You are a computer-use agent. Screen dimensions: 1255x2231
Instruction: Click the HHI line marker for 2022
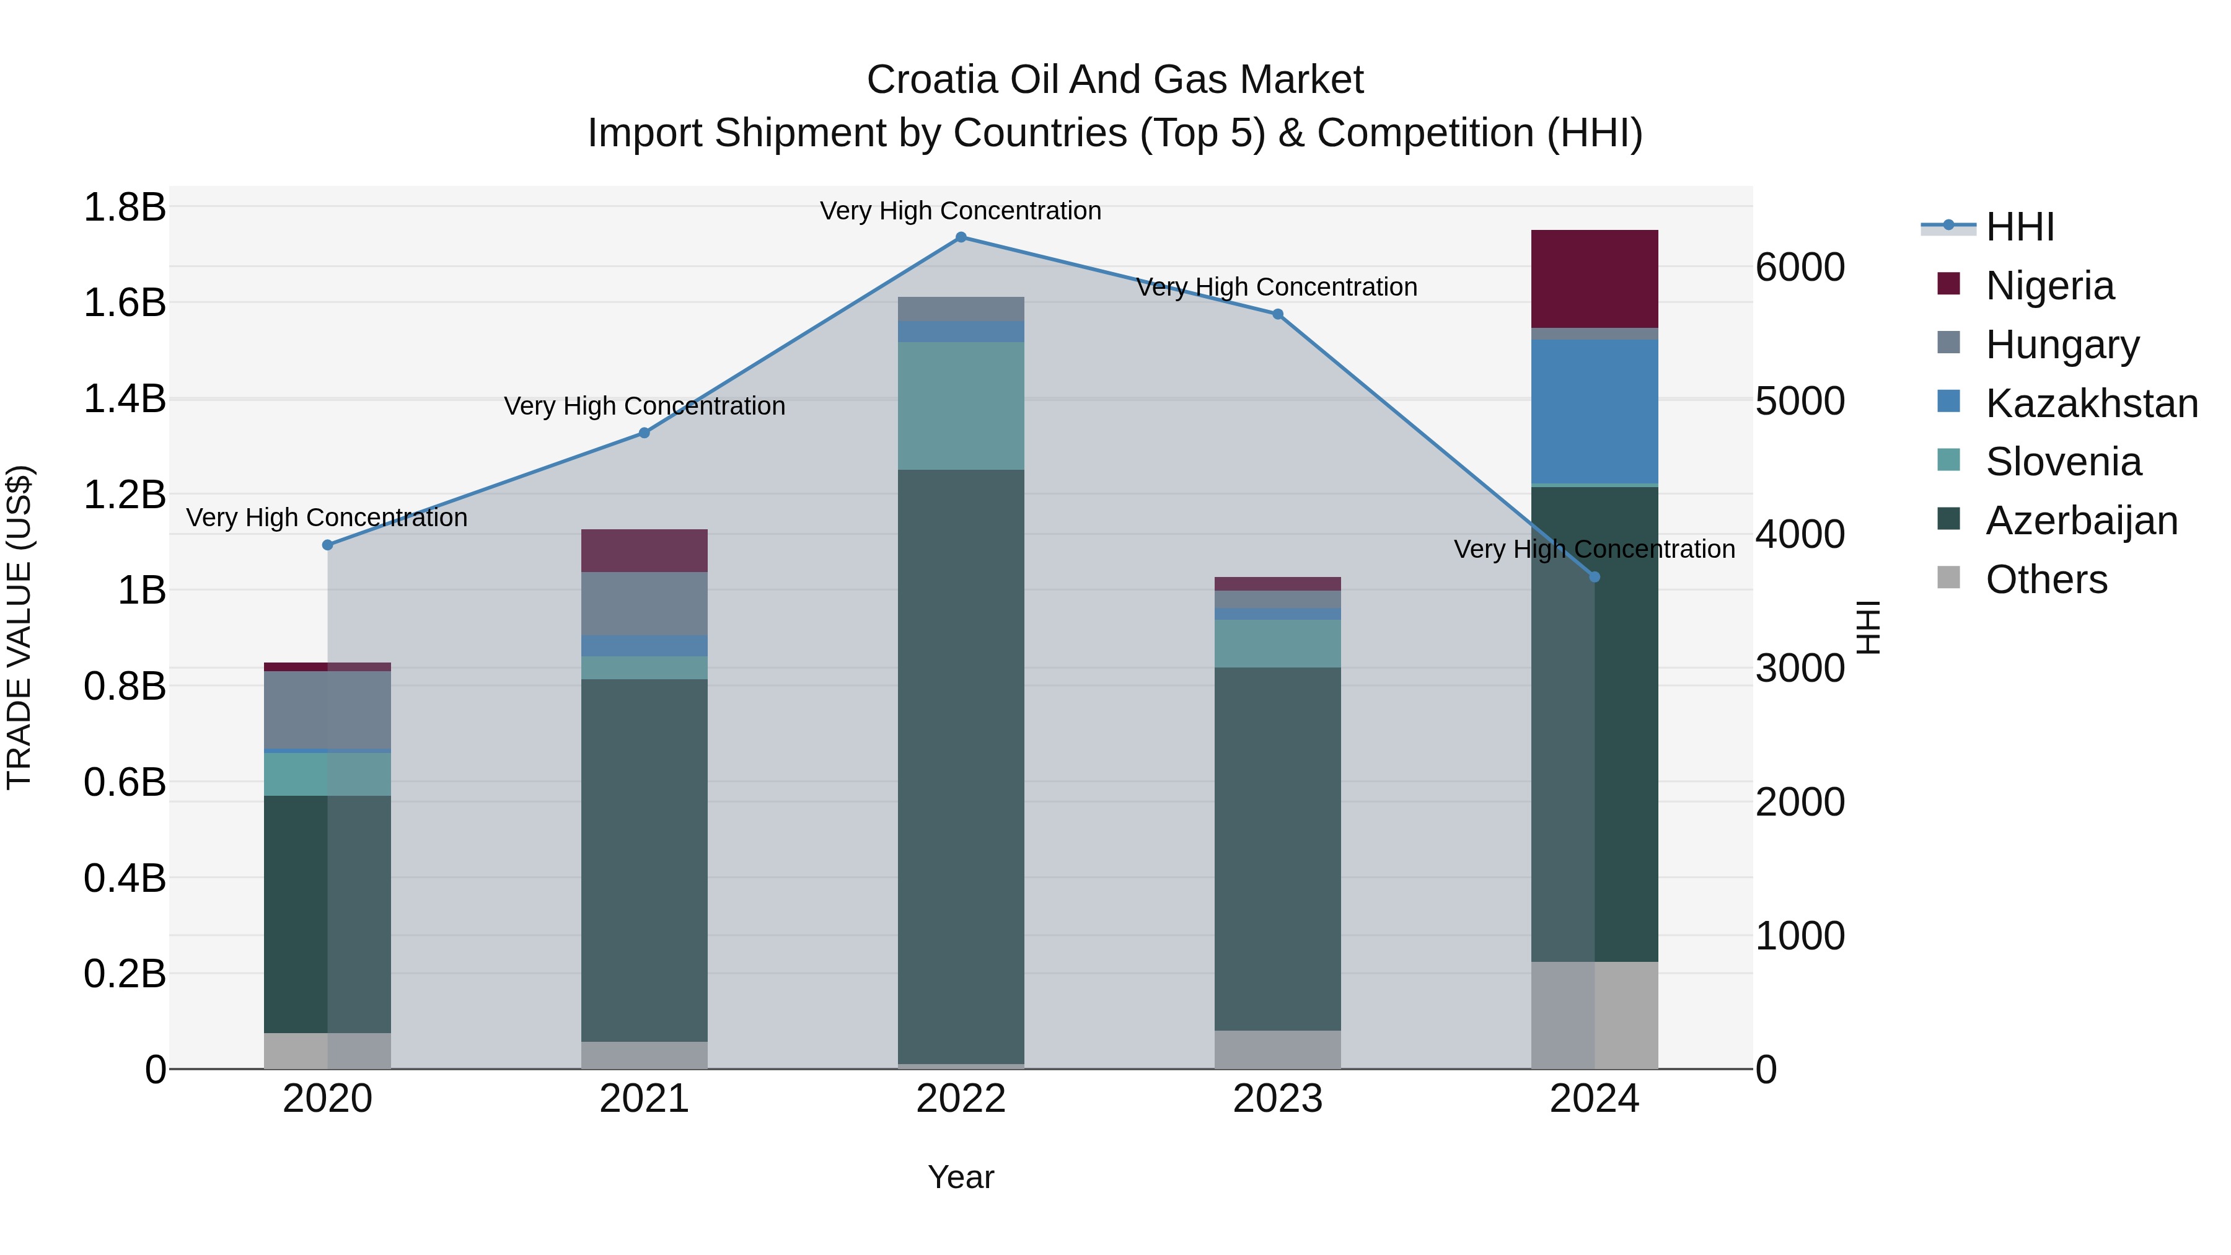(x=961, y=237)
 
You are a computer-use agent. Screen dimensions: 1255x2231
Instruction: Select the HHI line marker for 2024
(x=1595, y=577)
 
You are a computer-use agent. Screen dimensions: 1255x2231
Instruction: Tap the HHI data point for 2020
(x=327, y=545)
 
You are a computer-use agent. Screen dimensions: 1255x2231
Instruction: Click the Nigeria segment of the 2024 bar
(x=1595, y=279)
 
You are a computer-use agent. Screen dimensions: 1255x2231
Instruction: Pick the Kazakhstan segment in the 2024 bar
(x=1595, y=412)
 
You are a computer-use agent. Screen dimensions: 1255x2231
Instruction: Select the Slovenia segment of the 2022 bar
(x=961, y=405)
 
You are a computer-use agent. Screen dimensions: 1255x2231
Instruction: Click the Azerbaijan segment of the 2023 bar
(x=1277, y=849)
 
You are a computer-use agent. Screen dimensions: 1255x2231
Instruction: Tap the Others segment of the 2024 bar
(x=1595, y=1015)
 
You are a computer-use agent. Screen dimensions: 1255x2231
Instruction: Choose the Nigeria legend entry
(x=2049, y=286)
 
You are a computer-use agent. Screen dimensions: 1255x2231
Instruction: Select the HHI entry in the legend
(x=2020, y=227)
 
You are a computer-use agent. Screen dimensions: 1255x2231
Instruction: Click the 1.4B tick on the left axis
(x=125, y=399)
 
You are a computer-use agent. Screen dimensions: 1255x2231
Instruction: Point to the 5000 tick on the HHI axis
(x=1800, y=401)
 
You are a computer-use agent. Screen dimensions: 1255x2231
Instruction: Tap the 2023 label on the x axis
(x=1277, y=1099)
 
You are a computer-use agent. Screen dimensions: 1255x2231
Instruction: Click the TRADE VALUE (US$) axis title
(x=19, y=627)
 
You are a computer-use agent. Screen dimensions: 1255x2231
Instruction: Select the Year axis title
(x=961, y=1177)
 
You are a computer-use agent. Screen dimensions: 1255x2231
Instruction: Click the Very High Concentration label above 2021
(x=645, y=405)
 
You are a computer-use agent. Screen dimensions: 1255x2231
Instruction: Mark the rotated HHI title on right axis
(x=1869, y=627)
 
